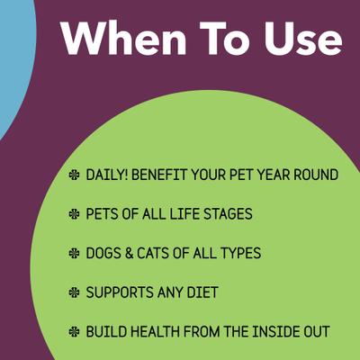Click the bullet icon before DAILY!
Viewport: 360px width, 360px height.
(74, 175)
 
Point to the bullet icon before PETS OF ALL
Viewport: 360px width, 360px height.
(74, 214)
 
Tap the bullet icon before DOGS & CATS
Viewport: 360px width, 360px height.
(74, 254)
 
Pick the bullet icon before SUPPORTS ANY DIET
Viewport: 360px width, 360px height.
(74, 292)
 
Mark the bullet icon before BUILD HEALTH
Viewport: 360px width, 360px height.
(74, 332)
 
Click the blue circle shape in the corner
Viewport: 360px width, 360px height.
(13, 63)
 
